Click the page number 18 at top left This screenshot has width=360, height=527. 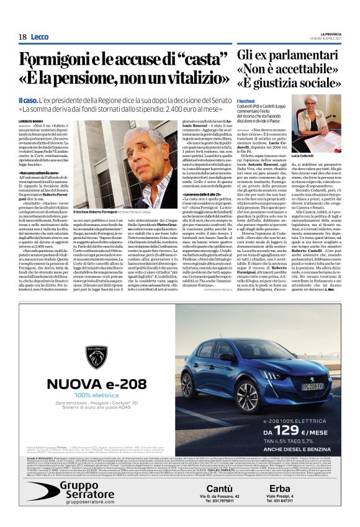(22, 37)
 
